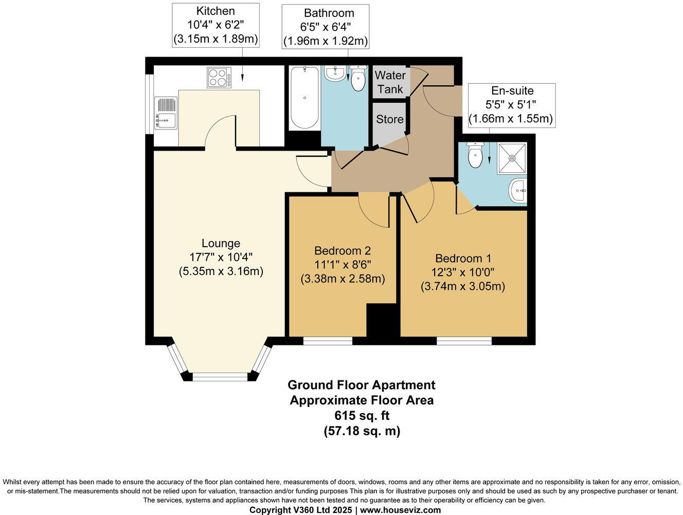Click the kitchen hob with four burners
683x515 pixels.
click(219, 78)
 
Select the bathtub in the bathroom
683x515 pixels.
click(304, 98)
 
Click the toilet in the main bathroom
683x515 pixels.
click(357, 78)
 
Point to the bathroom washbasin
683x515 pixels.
click(335, 73)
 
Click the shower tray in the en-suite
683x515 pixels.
click(512, 158)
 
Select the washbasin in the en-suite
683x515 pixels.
click(518, 191)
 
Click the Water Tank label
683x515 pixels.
click(390, 82)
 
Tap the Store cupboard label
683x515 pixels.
click(390, 119)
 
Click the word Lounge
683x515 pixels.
click(221, 244)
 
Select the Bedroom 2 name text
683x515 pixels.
click(343, 251)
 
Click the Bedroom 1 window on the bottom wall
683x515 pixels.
click(464, 341)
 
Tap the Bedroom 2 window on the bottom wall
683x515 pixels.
click(328, 341)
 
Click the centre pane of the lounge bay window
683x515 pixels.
click(220, 377)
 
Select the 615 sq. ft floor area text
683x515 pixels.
click(362, 416)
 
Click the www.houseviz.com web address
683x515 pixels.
click(400, 510)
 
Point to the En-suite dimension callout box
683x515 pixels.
click(512, 105)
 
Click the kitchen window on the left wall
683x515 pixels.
click(149, 104)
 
